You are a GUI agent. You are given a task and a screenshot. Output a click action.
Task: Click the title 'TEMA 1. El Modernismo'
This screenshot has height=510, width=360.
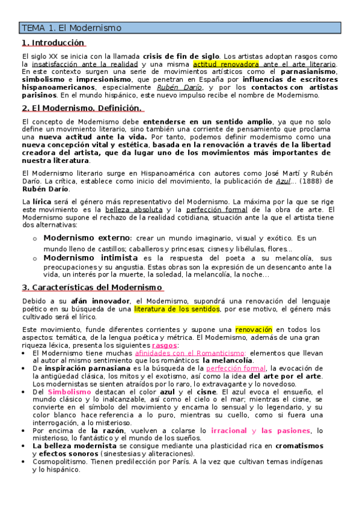71,28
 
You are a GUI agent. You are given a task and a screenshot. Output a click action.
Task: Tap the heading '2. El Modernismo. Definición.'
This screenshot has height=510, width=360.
82,108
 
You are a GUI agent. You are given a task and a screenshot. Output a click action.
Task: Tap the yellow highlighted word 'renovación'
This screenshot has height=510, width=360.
254,330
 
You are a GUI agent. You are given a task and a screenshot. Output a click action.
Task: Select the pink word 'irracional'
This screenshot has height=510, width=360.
230,431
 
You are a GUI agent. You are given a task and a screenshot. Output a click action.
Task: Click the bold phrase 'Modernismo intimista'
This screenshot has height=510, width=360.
90,257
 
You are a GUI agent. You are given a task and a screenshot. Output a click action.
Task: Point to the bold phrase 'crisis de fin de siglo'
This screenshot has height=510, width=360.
181,56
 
